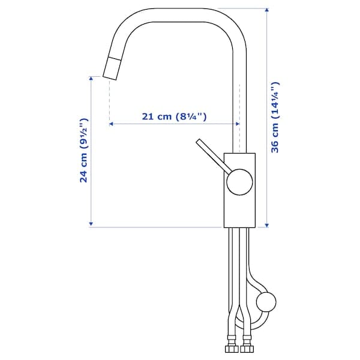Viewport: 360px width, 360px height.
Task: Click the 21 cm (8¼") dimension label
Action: pos(175,116)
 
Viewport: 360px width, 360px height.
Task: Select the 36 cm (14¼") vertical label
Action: pos(275,118)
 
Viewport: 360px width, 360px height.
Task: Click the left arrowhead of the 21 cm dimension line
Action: pos(112,124)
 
